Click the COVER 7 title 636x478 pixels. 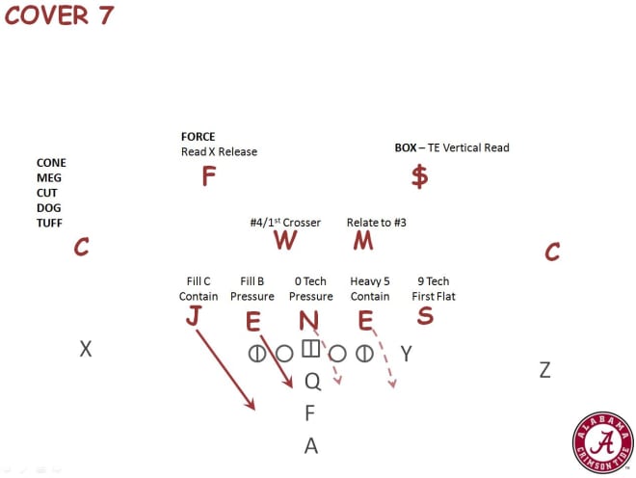[x=59, y=15]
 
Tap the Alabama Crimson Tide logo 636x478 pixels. [x=602, y=442]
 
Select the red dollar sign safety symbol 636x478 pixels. [x=420, y=176]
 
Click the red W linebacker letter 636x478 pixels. [x=285, y=240]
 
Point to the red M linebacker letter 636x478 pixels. [x=363, y=240]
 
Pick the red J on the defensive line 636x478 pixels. [x=194, y=315]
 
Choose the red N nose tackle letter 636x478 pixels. [x=308, y=321]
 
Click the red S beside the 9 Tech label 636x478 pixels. [x=425, y=315]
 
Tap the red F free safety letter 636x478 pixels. [x=208, y=176]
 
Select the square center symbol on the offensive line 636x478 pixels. [x=311, y=349]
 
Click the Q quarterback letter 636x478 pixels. [x=313, y=382]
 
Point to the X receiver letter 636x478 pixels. [x=86, y=349]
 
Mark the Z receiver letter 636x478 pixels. [x=544, y=370]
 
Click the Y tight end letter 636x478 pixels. [x=407, y=354]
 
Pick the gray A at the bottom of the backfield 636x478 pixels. [x=311, y=445]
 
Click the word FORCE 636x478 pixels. [x=198, y=136]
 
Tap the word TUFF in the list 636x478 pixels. [x=49, y=223]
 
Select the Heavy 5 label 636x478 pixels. [x=370, y=281]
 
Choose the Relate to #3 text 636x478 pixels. [x=377, y=223]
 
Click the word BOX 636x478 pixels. [x=406, y=147]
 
